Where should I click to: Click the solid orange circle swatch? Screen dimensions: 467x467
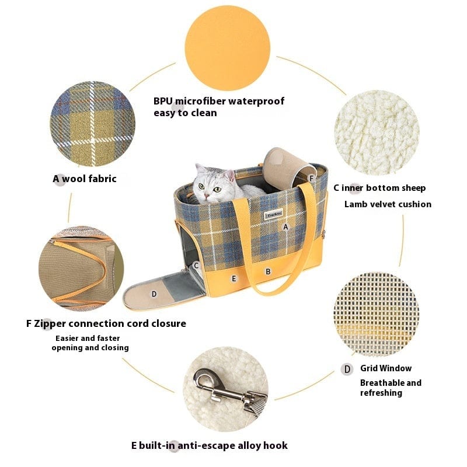point(227,48)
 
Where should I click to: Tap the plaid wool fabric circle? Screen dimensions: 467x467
point(93,124)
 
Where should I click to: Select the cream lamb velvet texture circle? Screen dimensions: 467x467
point(377,133)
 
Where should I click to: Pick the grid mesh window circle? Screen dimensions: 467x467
point(376,315)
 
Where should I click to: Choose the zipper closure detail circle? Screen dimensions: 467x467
point(81,269)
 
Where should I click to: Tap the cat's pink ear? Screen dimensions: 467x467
point(229,176)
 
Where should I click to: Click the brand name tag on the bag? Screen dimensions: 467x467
point(273,214)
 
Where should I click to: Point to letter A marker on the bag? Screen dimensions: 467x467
point(285,227)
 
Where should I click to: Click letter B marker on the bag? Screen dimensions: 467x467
point(268,271)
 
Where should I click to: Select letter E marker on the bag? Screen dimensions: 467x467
point(234,278)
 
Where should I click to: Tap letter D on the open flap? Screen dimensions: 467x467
point(154,294)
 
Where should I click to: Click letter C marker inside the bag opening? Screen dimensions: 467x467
point(196,266)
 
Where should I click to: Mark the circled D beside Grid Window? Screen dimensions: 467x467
point(347,370)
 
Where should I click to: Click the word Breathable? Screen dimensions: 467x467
point(379,383)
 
